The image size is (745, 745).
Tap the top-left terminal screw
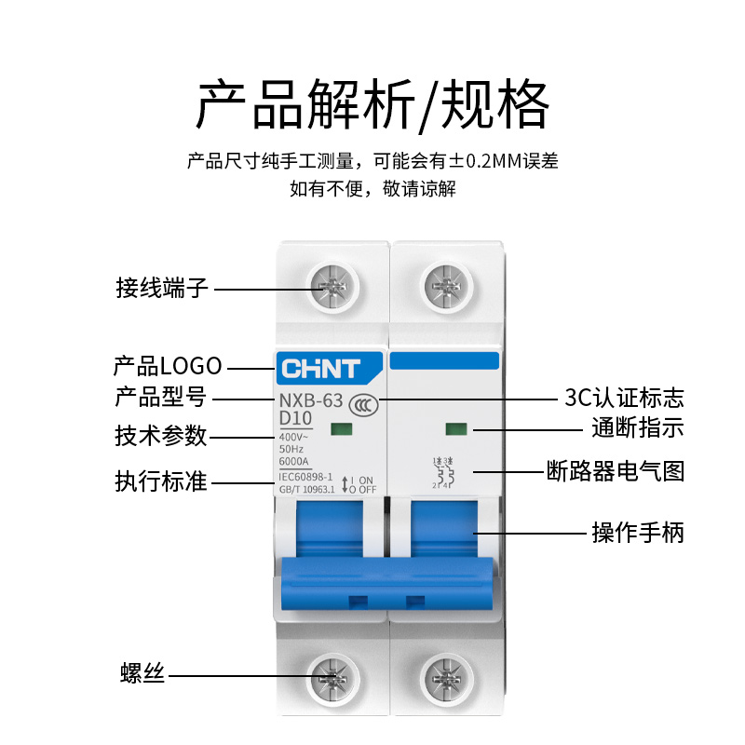(x=331, y=285)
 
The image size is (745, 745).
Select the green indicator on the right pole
(x=455, y=430)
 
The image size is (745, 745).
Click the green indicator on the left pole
(x=338, y=429)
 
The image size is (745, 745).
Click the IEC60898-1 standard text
(x=306, y=476)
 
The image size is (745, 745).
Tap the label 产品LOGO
(x=168, y=365)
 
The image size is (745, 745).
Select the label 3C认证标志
(x=624, y=399)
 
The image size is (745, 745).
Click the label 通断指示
(x=638, y=429)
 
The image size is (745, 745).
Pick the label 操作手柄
(x=638, y=533)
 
